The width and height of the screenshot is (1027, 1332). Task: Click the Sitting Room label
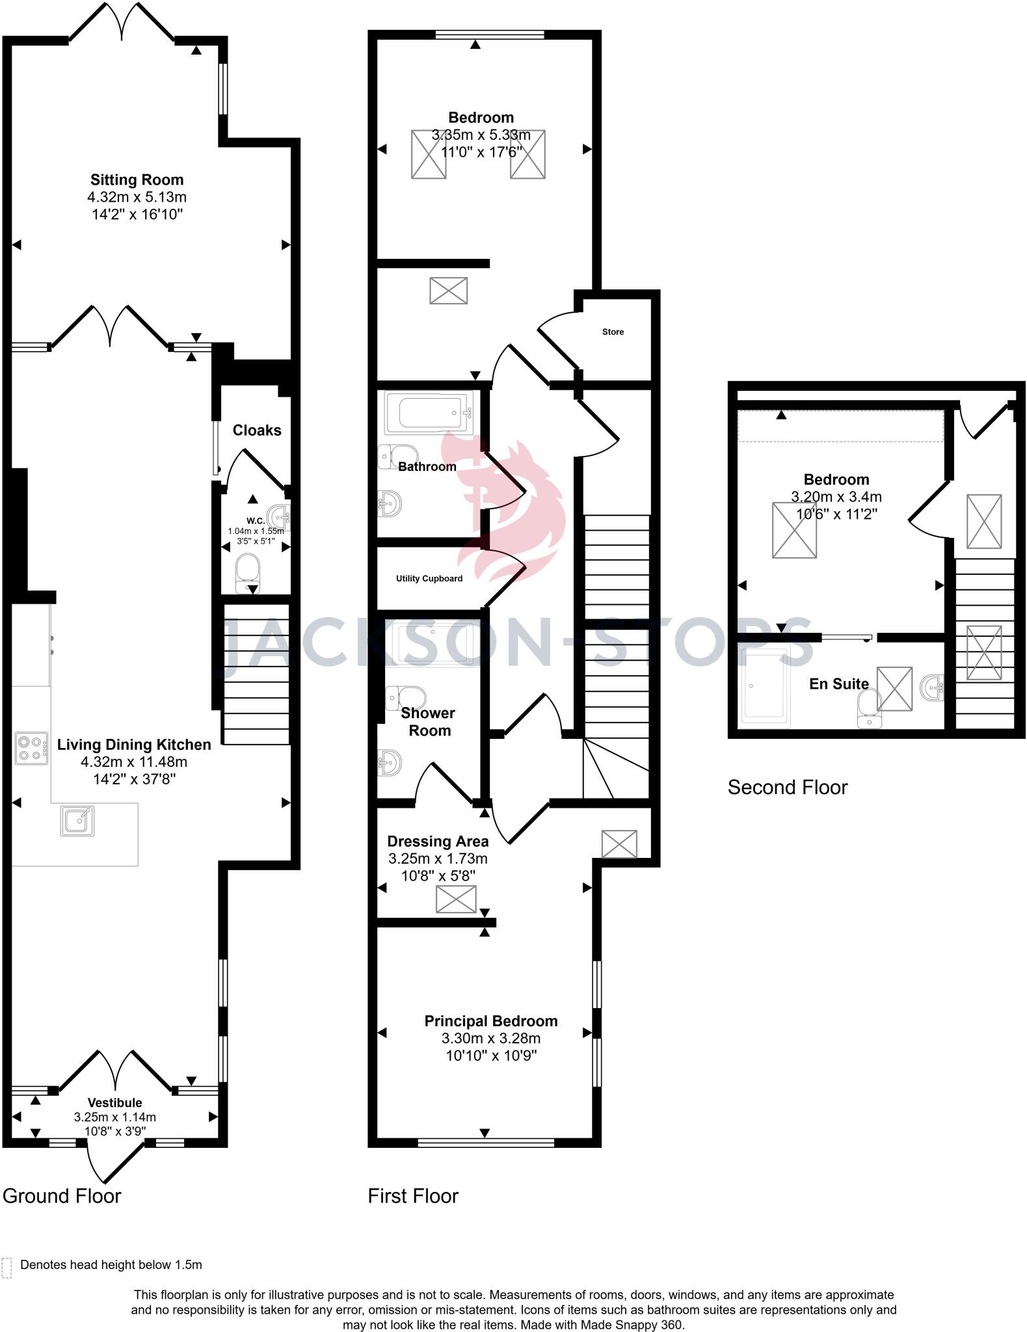point(137,180)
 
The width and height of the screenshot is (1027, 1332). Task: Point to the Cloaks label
point(257,431)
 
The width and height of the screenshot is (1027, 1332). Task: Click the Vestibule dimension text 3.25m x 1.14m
point(115,1117)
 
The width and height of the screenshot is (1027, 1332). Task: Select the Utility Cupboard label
point(429,578)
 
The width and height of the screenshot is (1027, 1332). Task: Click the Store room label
point(613,332)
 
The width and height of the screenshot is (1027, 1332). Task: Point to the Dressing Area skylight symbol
point(456,900)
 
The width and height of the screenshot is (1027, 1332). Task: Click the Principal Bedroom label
point(491,1021)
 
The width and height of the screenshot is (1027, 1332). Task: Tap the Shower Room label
point(428,721)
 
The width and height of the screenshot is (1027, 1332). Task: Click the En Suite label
point(838,684)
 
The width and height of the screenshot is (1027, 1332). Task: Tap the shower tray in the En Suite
point(766,686)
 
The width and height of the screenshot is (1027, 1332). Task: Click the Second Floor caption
point(787,788)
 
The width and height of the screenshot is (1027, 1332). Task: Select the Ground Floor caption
point(62,1196)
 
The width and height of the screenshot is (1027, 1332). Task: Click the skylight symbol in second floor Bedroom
point(794,530)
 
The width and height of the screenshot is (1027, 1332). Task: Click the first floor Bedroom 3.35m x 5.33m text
point(481,135)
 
